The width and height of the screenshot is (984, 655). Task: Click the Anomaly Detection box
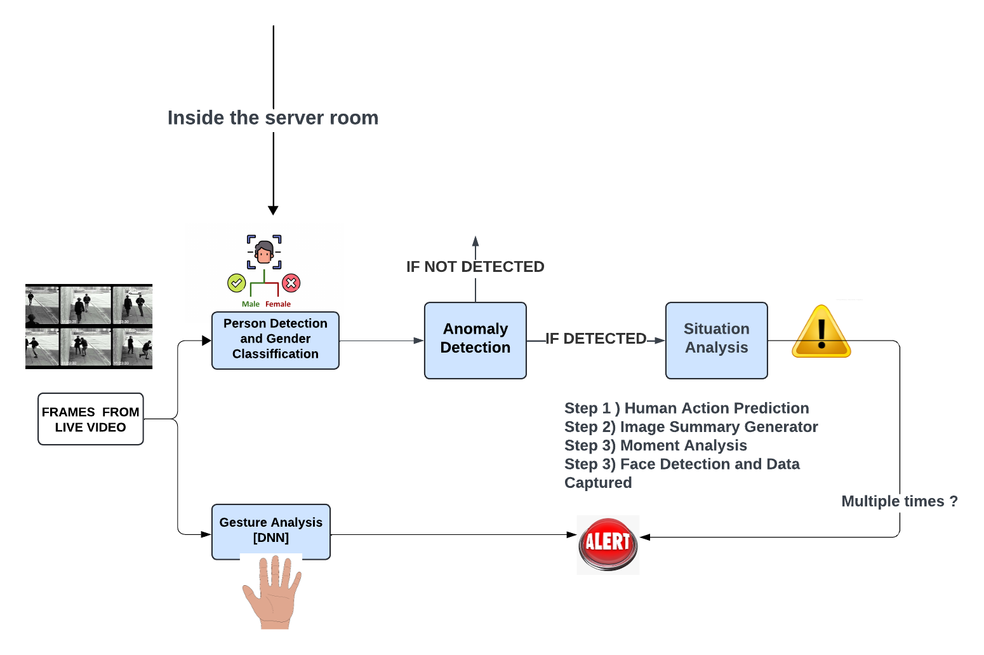[475, 340]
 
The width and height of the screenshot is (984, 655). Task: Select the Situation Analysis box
[716, 340]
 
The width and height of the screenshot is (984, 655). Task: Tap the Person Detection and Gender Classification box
[275, 340]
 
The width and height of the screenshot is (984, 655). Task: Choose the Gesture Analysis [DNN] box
[270, 530]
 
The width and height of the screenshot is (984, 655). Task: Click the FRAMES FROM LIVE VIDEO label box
[90, 419]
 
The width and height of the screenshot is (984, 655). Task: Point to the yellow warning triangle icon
[821, 332]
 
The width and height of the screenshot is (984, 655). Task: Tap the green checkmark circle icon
[236, 283]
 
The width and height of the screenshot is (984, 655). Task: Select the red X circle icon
[291, 283]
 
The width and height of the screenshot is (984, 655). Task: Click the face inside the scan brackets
[264, 252]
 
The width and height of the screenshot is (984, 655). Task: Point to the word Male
[250, 304]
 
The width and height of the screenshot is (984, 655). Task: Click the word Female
[278, 304]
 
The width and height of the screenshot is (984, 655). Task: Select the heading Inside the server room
[272, 118]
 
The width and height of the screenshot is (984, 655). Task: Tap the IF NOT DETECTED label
[475, 267]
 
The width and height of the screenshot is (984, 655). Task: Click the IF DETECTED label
[595, 339]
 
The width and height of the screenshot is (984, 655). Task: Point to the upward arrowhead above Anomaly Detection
[475, 241]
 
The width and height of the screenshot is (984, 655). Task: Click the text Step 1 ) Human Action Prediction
[686, 408]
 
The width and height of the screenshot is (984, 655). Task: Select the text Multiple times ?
[899, 501]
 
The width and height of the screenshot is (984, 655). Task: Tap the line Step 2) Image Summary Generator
[691, 427]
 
